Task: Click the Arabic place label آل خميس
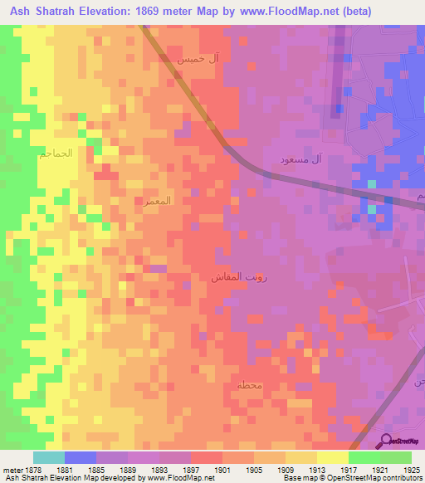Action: coord(194,61)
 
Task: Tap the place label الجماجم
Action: coord(56,154)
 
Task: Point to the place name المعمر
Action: coord(157,201)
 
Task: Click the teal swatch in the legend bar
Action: coord(49,457)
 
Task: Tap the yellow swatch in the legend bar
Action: coord(332,457)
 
